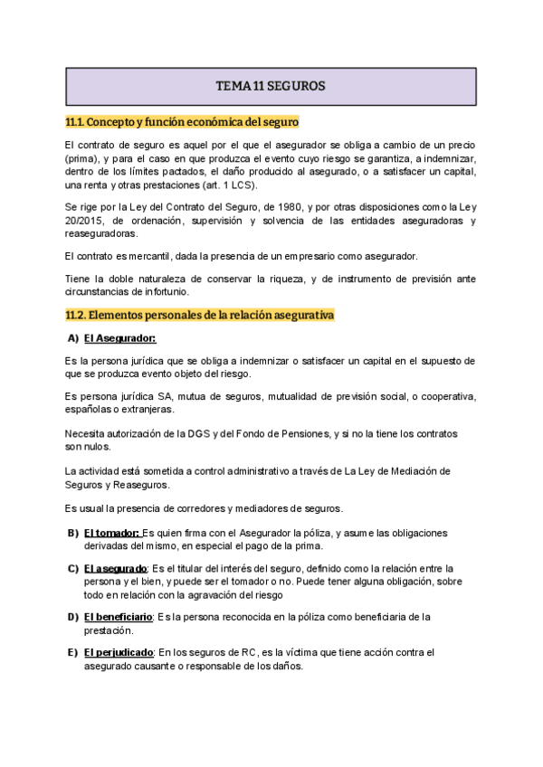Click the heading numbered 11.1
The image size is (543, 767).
click(x=182, y=121)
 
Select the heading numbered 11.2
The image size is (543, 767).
click(x=200, y=315)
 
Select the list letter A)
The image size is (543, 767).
click(x=73, y=338)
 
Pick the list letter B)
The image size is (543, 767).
click(x=73, y=533)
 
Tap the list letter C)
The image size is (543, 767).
click(x=73, y=569)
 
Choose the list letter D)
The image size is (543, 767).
click(x=73, y=617)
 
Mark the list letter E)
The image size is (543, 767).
click(x=73, y=652)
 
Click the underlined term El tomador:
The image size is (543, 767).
click(x=111, y=533)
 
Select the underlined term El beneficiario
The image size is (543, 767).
click(x=118, y=617)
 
